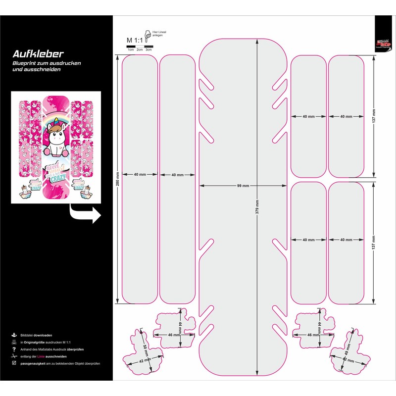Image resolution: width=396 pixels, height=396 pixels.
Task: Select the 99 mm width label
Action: coord(243,186)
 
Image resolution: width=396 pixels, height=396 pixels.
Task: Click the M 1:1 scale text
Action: coord(134,40)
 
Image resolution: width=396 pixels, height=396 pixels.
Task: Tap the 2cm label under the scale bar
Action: coord(140,50)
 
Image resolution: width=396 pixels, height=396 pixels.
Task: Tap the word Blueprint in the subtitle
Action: coord(24,64)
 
